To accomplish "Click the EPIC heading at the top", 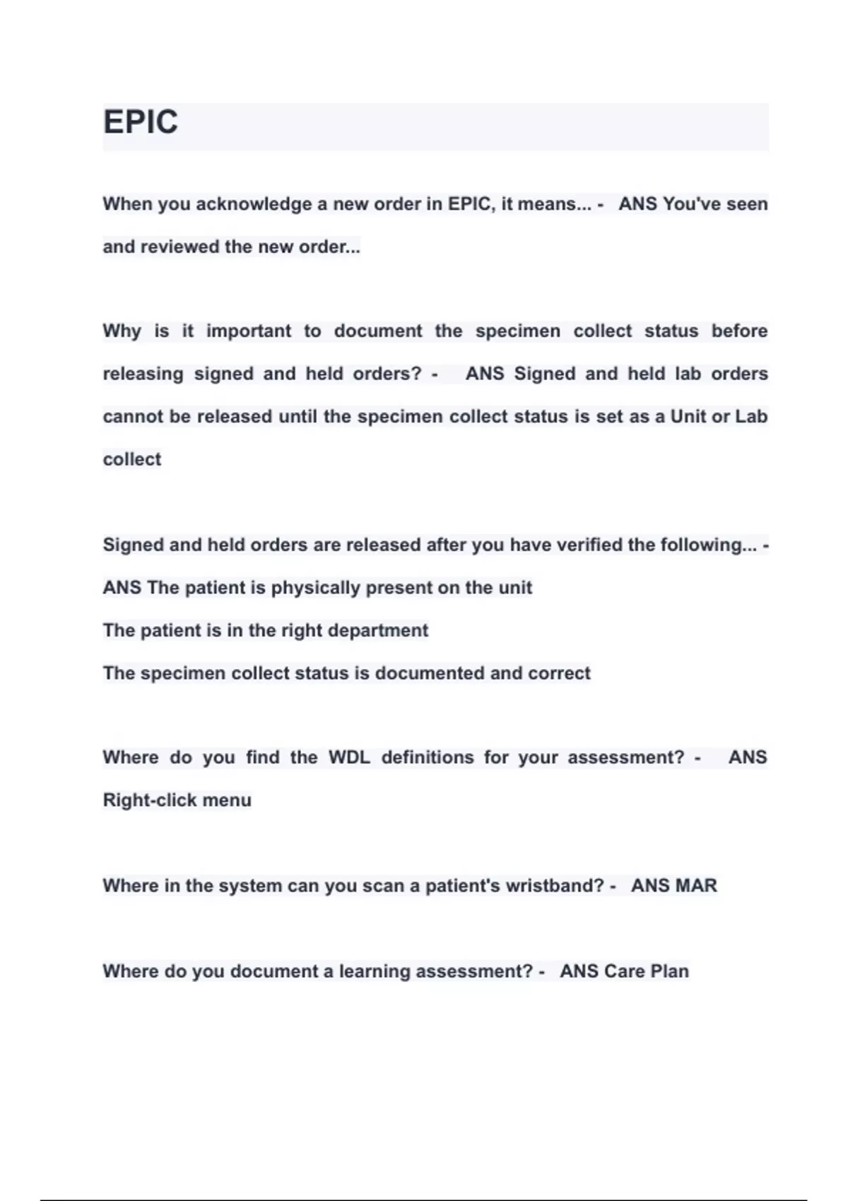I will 141,122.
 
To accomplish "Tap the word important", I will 249,331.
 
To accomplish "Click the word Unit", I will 688,417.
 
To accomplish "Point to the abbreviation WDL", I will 349,757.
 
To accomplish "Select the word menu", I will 227,800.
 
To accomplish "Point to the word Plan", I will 669,971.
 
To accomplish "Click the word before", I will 739,331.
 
